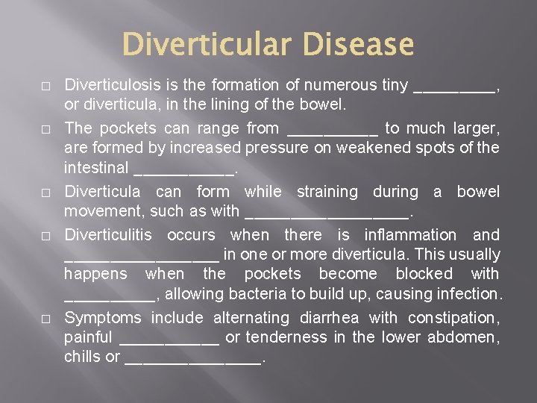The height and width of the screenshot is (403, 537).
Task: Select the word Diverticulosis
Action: [x=113, y=85]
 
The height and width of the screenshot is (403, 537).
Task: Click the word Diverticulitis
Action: [x=107, y=234]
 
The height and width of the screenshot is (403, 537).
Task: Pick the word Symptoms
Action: [x=103, y=318]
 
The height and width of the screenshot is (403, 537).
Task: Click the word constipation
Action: [x=453, y=318]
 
